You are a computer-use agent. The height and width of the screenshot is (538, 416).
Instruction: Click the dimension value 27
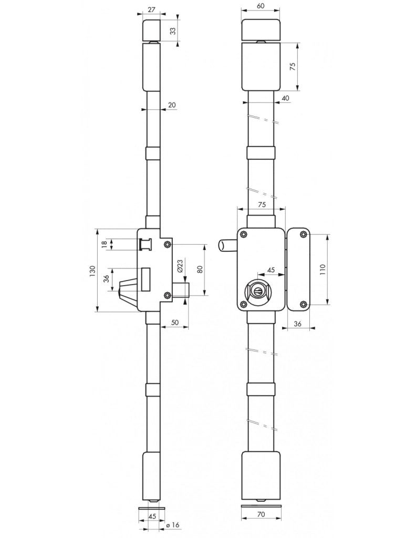point(151,9)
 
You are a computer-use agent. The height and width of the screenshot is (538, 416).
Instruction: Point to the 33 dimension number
point(173,30)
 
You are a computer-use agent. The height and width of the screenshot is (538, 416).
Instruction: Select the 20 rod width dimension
point(172,105)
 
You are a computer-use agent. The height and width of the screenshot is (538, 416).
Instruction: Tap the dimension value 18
point(105,244)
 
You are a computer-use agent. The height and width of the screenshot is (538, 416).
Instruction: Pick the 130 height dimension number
point(92,272)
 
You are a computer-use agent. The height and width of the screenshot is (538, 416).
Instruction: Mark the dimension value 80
point(200,268)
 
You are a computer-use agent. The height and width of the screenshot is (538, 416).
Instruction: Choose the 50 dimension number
point(174,322)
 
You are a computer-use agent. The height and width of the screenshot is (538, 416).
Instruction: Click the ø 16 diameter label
point(173,525)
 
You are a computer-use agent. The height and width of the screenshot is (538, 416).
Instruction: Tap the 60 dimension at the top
point(261,6)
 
